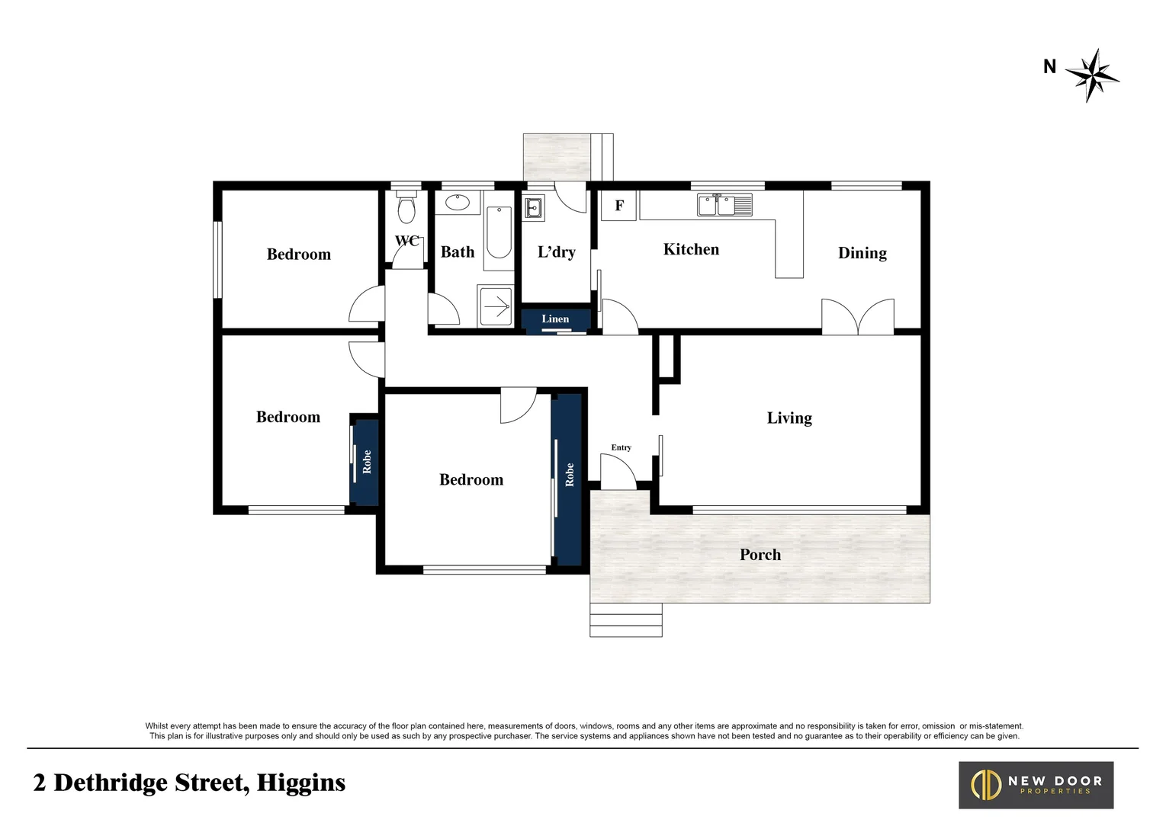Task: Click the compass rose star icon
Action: [x=1093, y=75]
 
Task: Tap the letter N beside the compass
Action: [x=1049, y=67]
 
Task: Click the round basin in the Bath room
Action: [x=458, y=203]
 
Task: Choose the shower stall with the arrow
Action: [x=496, y=306]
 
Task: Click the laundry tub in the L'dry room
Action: [x=534, y=207]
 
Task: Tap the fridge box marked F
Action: [x=618, y=206]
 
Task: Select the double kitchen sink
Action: [x=724, y=205]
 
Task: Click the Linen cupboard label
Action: [x=555, y=319]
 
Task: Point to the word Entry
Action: [x=621, y=447]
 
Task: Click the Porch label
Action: [x=760, y=555]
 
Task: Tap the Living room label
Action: [x=789, y=418]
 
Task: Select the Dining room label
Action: [x=862, y=253]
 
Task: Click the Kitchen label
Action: [x=691, y=249]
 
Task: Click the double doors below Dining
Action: [x=858, y=316]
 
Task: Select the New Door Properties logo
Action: [x=1036, y=785]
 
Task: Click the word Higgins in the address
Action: [x=300, y=783]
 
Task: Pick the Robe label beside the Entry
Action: [x=569, y=475]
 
